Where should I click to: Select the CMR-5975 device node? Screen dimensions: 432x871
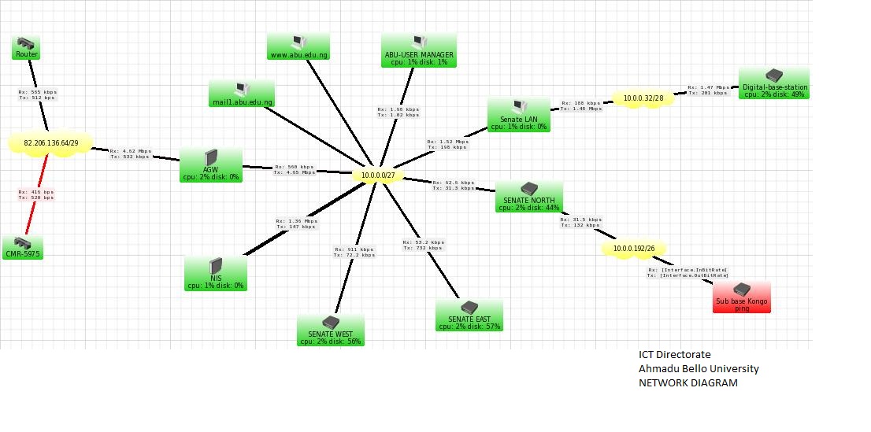[x=22, y=248]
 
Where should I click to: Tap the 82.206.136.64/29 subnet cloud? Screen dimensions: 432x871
[x=50, y=143]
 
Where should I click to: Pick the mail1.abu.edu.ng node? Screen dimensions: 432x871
[x=242, y=94]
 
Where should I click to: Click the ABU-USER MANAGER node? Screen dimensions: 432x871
[x=419, y=50]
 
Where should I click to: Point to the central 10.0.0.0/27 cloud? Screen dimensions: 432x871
[x=379, y=175]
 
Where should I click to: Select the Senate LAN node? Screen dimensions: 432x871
[x=518, y=115]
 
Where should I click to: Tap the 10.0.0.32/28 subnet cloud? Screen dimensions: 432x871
[x=643, y=99]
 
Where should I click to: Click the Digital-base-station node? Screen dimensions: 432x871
[x=774, y=83]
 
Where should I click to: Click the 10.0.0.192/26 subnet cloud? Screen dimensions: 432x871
[x=628, y=249]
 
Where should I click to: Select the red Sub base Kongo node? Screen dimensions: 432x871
[x=742, y=298]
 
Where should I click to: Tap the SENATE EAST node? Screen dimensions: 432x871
[x=469, y=315]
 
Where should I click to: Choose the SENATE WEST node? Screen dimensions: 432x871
[x=331, y=330]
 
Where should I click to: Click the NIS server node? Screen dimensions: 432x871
[x=216, y=273]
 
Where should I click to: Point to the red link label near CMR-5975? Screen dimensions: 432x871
[x=36, y=194]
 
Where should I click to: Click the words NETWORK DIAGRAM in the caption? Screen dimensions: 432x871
[x=688, y=383]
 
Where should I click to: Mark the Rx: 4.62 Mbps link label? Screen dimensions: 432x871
[x=129, y=153]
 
